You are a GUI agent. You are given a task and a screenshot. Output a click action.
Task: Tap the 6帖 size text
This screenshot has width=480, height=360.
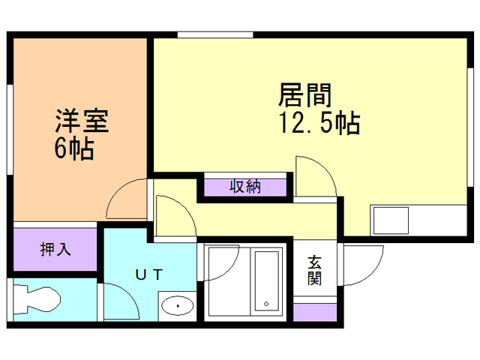[73, 148]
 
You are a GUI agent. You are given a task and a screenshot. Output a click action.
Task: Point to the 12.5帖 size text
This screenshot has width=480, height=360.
[319, 121]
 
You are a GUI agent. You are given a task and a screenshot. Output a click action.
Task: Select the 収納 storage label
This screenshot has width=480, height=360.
[244, 186]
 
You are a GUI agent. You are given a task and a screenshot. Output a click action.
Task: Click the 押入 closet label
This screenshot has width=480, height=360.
[55, 249]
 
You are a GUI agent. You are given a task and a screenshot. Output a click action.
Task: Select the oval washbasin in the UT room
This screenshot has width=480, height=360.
[177, 306]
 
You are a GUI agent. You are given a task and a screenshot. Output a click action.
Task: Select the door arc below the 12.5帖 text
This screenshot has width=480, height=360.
[315, 176]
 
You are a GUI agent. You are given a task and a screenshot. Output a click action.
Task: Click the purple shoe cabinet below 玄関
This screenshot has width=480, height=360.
[315, 311]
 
